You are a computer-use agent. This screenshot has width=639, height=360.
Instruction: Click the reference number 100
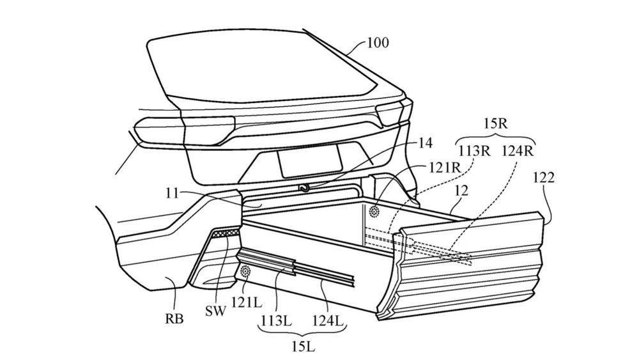tap(378, 43)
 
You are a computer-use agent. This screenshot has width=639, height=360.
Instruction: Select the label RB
tap(174, 318)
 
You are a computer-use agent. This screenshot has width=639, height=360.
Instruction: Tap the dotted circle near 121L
tap(246, 272)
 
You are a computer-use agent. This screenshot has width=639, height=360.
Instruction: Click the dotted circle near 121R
tap(374, 210)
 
